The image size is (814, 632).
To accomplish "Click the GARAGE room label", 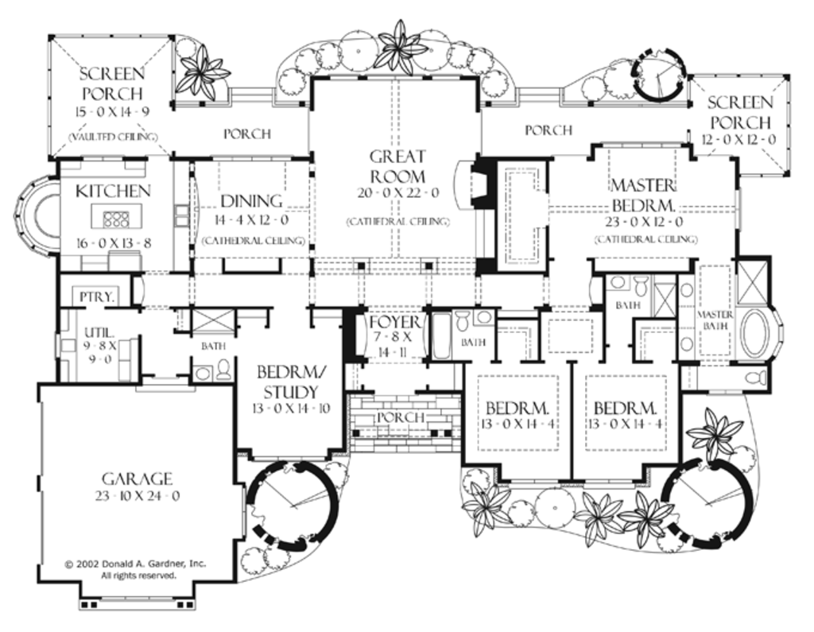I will coord(137,478).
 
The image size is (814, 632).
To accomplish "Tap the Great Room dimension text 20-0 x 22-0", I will coord(397,193).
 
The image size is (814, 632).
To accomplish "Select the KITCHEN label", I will coord(113,191).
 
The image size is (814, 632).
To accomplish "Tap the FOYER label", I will coord(394,322).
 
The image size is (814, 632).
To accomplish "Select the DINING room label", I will coord(251,201).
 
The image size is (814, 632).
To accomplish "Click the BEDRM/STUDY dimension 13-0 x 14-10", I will coord(287,409).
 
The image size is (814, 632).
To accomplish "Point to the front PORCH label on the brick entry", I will coord(399,417).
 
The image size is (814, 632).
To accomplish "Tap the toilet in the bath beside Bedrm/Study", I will coord(224,370).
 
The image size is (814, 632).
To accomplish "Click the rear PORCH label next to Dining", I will coord(246,134).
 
